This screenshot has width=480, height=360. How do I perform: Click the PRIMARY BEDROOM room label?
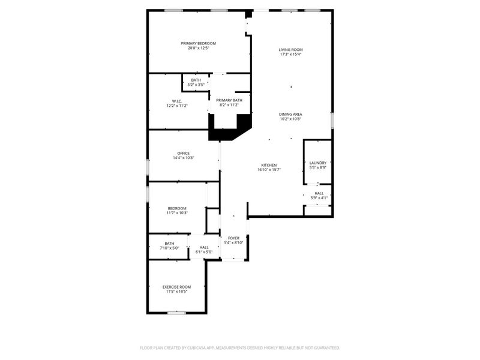(x=199, y=43)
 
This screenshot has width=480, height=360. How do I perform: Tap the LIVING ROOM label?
(x=290, y=49)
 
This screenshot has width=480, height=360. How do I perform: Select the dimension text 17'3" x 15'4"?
(x=290, y=55)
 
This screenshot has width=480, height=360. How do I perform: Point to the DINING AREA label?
(x=290, y=114)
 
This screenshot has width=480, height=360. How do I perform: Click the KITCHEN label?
(x=269, y=165)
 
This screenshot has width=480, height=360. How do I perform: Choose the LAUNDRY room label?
(x=318, y=163)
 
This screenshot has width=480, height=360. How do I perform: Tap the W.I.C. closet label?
(x=177, y=101)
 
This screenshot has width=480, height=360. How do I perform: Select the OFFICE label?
(x=183, y=153)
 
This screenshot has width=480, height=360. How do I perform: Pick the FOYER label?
(x=233, y=238)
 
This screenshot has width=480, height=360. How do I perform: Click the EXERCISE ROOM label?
(x=177, y=287)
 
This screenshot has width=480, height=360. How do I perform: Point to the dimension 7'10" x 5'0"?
(x=170, y=248)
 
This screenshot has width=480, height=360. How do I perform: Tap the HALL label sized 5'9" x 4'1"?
(x=319, y=193)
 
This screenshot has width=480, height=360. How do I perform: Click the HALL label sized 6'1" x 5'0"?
(x=204, y=247)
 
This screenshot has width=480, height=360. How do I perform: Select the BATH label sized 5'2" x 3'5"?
(x=196, y=80)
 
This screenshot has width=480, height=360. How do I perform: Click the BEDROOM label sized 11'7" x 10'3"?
(x=177, y=208)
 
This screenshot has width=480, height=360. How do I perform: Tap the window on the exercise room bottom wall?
(x=176, y=313)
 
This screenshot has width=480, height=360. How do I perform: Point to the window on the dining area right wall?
(x=332, y=119)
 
